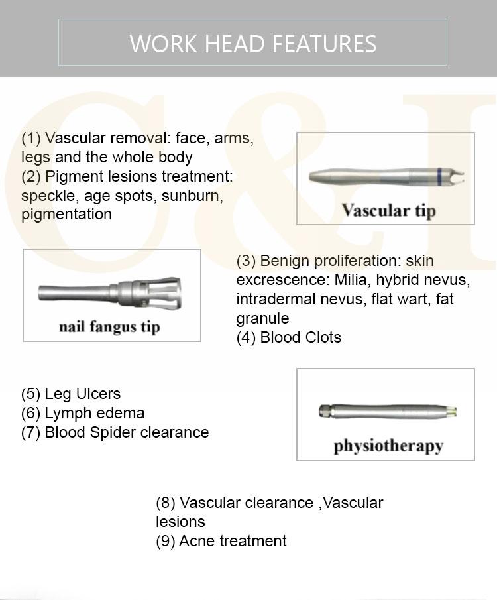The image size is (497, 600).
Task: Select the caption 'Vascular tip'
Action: pyautogui.click(x=389, y=211)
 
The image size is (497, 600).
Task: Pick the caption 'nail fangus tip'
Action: pyautogui.click(x=109, y=327)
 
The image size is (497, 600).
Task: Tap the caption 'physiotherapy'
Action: pyautogui.click(x=388, y=445)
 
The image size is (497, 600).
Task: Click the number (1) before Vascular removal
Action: pyautogui.click(x=31, y=139)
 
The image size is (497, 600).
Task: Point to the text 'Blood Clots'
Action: pyautogui.click(x=300, y=337)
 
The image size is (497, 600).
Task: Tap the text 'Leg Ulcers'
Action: pyautogui.click(x=82, y=394)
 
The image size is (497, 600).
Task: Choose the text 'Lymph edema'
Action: pyautogui.click(x=94, y=413)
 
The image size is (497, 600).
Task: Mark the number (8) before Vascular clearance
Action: pyautogui.click(x=166, y=503)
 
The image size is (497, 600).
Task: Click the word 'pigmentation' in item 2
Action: pyautogui.click(x=66, y=214)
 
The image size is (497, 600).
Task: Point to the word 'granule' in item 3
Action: pyautogui.click(x=262, y=318)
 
